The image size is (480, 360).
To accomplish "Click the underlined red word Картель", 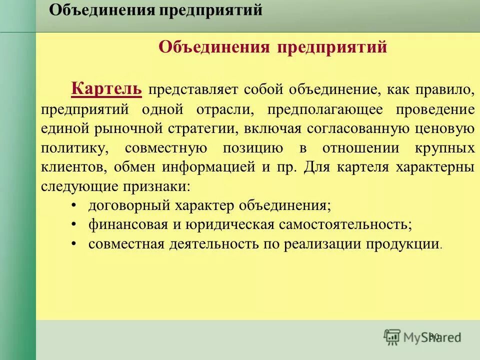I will pyautogui.click(x=107, y=89).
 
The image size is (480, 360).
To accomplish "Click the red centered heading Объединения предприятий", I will pyautogui.click(x=272, y=47).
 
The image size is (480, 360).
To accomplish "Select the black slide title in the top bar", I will pyautogui.click(x=155, y=10).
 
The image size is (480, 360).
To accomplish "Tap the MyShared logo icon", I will pyautogui.click(x=392, y=336).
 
